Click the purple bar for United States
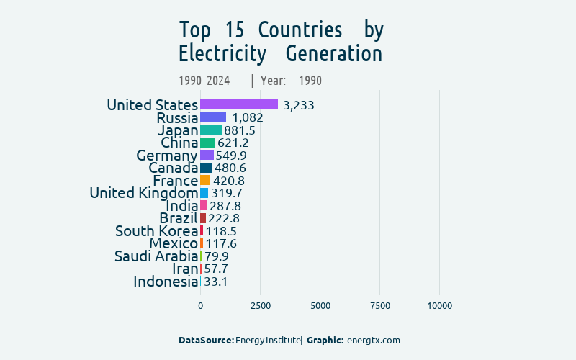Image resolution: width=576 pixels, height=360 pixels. pos(239,104)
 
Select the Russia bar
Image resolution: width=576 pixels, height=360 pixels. pos(213,117)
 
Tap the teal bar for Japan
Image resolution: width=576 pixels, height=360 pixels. pos(211,130)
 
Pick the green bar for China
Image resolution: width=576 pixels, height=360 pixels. pos(207,143)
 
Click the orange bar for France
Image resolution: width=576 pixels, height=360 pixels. pos(205,180)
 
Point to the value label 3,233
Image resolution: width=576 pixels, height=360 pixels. pos(299,105)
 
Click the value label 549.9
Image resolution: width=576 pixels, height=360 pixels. pos(231,156)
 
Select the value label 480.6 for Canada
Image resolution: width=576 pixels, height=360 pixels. pos(230,168)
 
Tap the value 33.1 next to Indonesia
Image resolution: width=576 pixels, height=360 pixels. pos(216,282)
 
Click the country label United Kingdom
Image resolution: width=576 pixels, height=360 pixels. pos(143,193)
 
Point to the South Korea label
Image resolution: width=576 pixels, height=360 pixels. pos(156,231)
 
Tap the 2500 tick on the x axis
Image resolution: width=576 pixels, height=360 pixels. pos(260,306)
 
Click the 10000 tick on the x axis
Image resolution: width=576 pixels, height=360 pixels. pos(440,306)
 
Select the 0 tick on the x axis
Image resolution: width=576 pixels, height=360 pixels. pos(200,306)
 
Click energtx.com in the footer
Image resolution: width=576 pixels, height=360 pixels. pos(373,340)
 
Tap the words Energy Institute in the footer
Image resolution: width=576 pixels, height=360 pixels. pos(268,340)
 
